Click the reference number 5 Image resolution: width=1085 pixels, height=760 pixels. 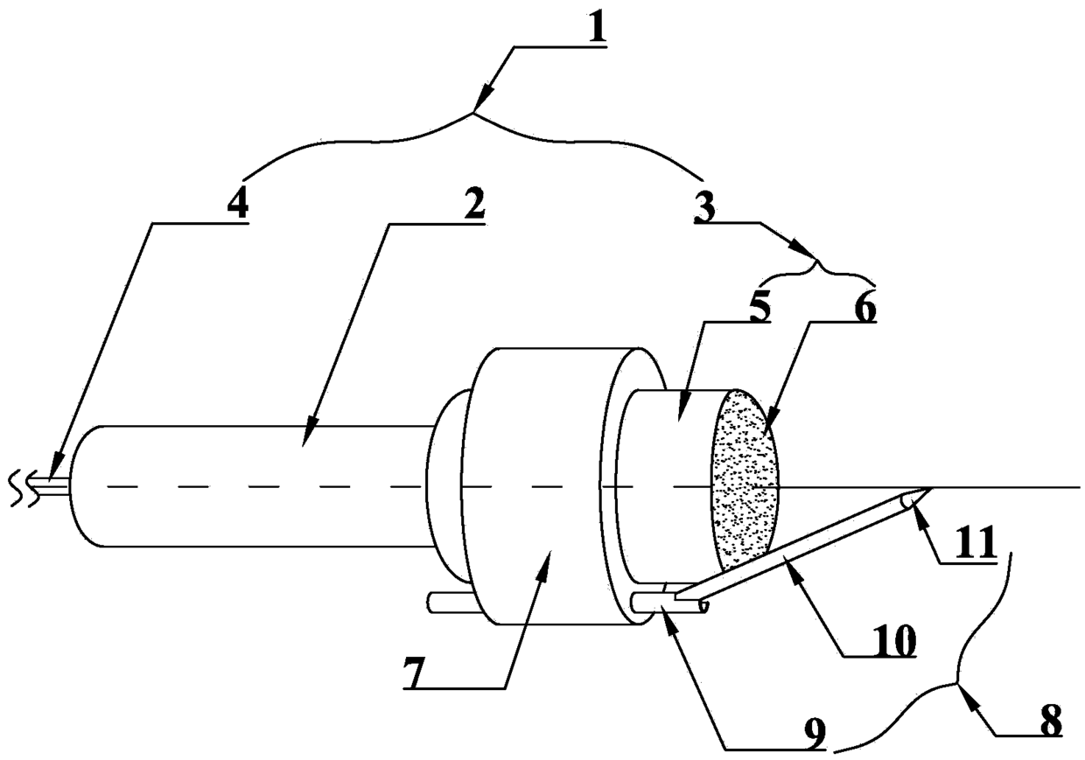coord(758,310)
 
